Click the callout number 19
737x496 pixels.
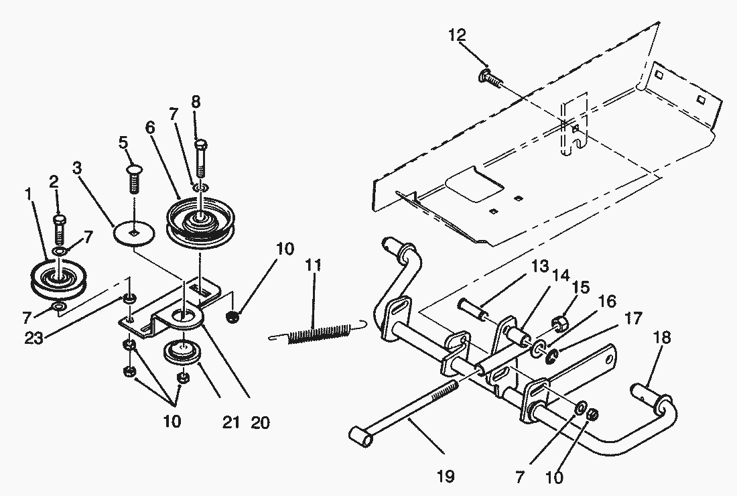[445, 477]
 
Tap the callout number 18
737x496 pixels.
[661, 337]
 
